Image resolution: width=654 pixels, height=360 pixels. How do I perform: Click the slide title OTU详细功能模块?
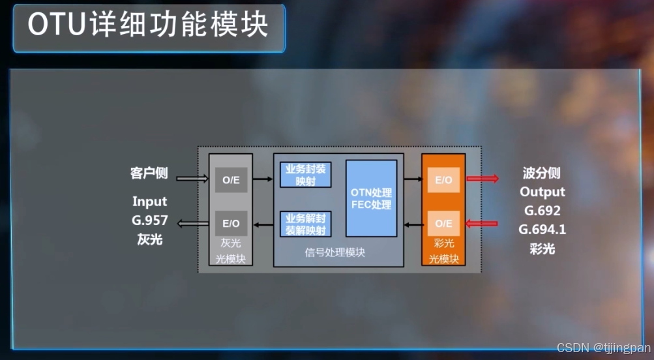[149, 26]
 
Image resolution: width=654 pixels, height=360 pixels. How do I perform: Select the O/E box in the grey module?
[231, 180]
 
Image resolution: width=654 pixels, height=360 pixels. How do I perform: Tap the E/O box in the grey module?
[231, 223]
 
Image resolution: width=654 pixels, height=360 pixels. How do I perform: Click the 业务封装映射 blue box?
[305, 175]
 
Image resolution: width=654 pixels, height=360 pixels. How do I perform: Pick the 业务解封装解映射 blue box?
[305, 224]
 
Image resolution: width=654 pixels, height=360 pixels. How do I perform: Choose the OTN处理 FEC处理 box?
[371, 198]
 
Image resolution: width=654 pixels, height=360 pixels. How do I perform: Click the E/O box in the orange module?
[443, 180]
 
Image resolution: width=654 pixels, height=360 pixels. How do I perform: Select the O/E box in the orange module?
[443, 223]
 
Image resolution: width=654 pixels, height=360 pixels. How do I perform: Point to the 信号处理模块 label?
[335, 252]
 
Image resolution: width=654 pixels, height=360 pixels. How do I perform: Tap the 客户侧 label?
[149, 173]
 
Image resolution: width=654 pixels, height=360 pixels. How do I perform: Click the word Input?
[149, 202]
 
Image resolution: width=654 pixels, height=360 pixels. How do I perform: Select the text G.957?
[149, 220]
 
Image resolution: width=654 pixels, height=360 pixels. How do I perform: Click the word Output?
[542, 192]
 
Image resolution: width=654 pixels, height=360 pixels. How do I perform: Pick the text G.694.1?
[542, 230]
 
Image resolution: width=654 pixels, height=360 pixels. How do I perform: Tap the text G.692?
[542, 211]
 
